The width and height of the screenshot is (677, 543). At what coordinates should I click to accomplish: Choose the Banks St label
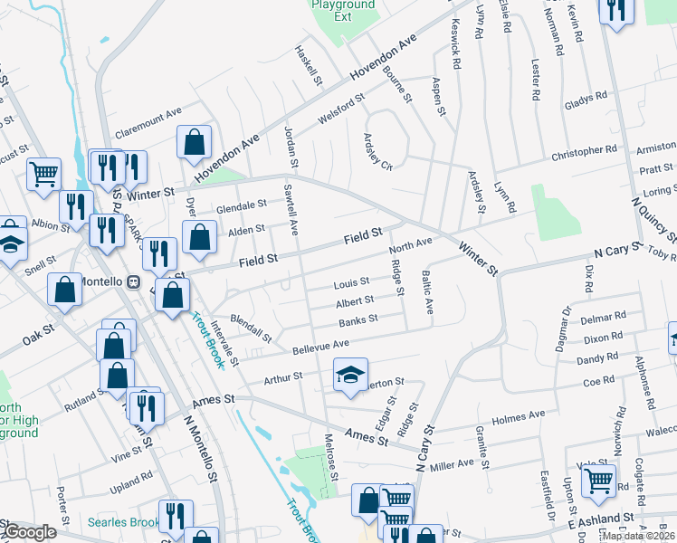[x=358, y=321]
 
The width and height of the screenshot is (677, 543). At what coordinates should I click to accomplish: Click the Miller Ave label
[x=452, y=464]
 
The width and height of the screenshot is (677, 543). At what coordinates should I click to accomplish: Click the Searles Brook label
[x=124, y=522]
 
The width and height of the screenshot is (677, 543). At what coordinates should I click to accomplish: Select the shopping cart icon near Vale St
[x=598, y=482]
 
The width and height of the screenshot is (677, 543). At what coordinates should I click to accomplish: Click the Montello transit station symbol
[x=134, y=281]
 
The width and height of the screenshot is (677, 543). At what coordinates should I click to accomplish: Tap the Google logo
[x=29, y=532]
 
